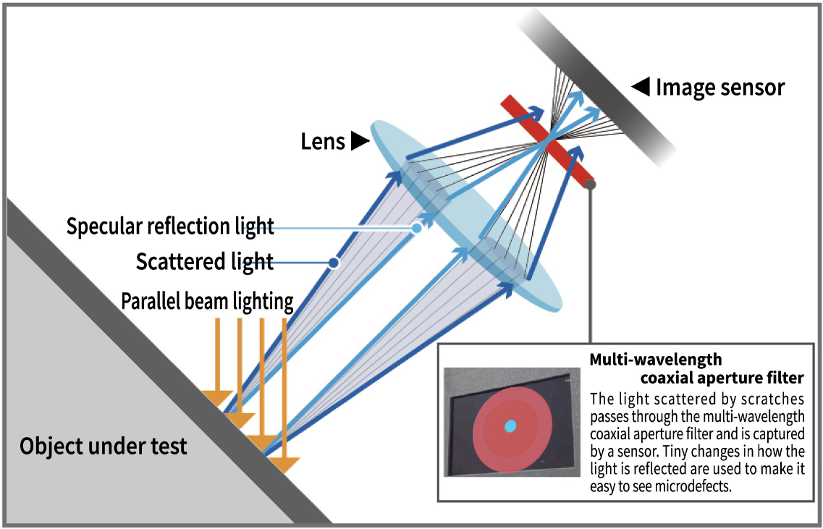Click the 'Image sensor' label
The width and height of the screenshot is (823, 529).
point(719,88)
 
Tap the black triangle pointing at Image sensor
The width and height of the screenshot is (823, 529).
point(641,88)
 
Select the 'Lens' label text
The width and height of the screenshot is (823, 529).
point(323,141)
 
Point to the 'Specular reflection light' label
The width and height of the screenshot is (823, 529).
point(170,227)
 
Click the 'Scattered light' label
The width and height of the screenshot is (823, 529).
point(205,261)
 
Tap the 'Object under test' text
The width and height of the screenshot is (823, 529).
point(104,445)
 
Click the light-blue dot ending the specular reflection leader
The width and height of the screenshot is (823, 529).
point(417,228)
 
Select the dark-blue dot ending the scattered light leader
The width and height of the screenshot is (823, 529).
point(334,263)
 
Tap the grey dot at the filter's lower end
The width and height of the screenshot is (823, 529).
point(591,185)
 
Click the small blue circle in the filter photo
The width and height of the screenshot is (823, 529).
point(510,427)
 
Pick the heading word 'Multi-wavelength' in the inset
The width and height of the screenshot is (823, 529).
point(656,360)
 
